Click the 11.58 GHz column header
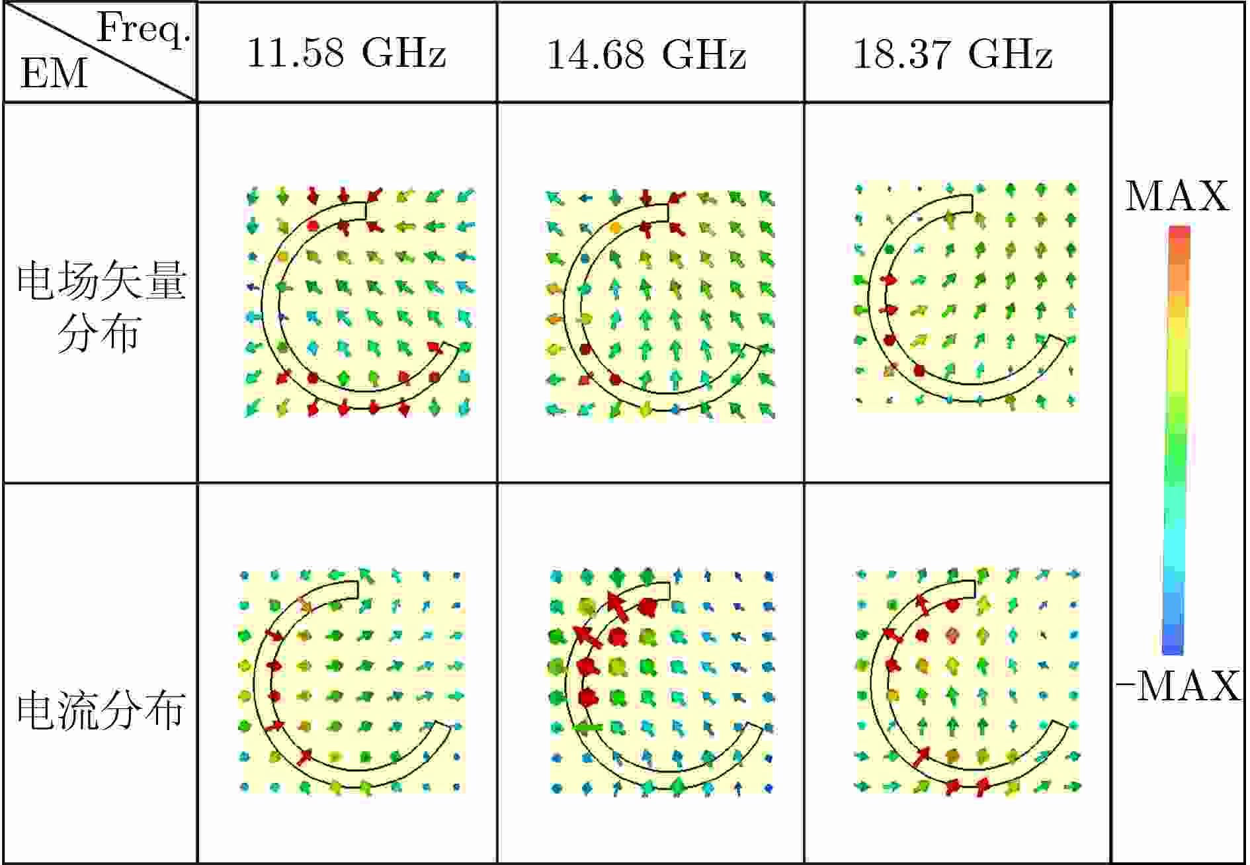[347, 53]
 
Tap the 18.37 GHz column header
[953, 54]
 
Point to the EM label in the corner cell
[53, 73]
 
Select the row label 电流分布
[101, 711]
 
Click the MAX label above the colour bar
[1177, 196]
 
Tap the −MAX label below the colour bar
[1177, 686]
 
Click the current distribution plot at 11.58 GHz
[353, 681]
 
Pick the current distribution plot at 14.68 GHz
[661, 681]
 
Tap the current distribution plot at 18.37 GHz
[968, 681]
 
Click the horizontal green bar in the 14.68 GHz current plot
[588, 727]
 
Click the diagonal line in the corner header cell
[99, 52]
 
